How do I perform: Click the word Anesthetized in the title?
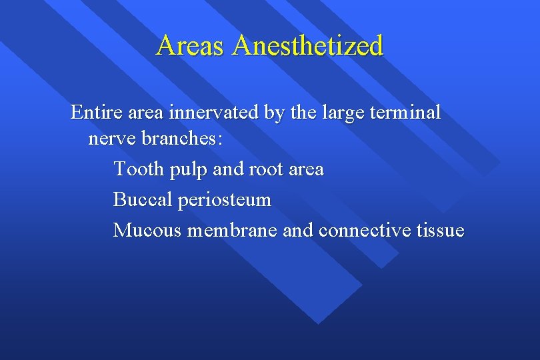[309, 46]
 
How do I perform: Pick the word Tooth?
[139, 169]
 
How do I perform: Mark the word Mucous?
[148, 230]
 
